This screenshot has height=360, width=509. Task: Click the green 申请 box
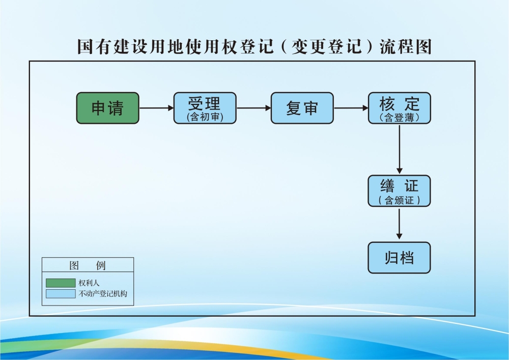(107, 108)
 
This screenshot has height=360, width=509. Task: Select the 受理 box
(205, 108)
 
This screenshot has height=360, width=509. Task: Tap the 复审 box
(302, 108)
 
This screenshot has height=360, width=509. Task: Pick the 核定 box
(399, 108)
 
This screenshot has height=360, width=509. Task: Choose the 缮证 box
(399, 191)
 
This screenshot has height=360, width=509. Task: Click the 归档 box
(399, 258)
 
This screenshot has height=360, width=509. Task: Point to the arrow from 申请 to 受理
(156, 108)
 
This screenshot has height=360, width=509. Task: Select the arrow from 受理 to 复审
(253, 108)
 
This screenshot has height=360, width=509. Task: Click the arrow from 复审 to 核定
(351, 108)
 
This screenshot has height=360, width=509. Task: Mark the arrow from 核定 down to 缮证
(400, 149)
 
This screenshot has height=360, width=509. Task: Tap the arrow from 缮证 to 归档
(400, 224)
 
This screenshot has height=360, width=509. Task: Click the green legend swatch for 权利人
(60, 283)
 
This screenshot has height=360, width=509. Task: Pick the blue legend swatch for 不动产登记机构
(60, 294)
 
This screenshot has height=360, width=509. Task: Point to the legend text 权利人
(89, 283)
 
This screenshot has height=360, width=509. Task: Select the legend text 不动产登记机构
(103, 294)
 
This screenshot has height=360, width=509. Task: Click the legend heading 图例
(88, 266)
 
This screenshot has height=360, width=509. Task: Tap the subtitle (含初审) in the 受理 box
(205, 117)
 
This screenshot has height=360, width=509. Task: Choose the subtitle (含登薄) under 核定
(399, 117)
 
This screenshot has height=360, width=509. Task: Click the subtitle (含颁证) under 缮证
(399, 201)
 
